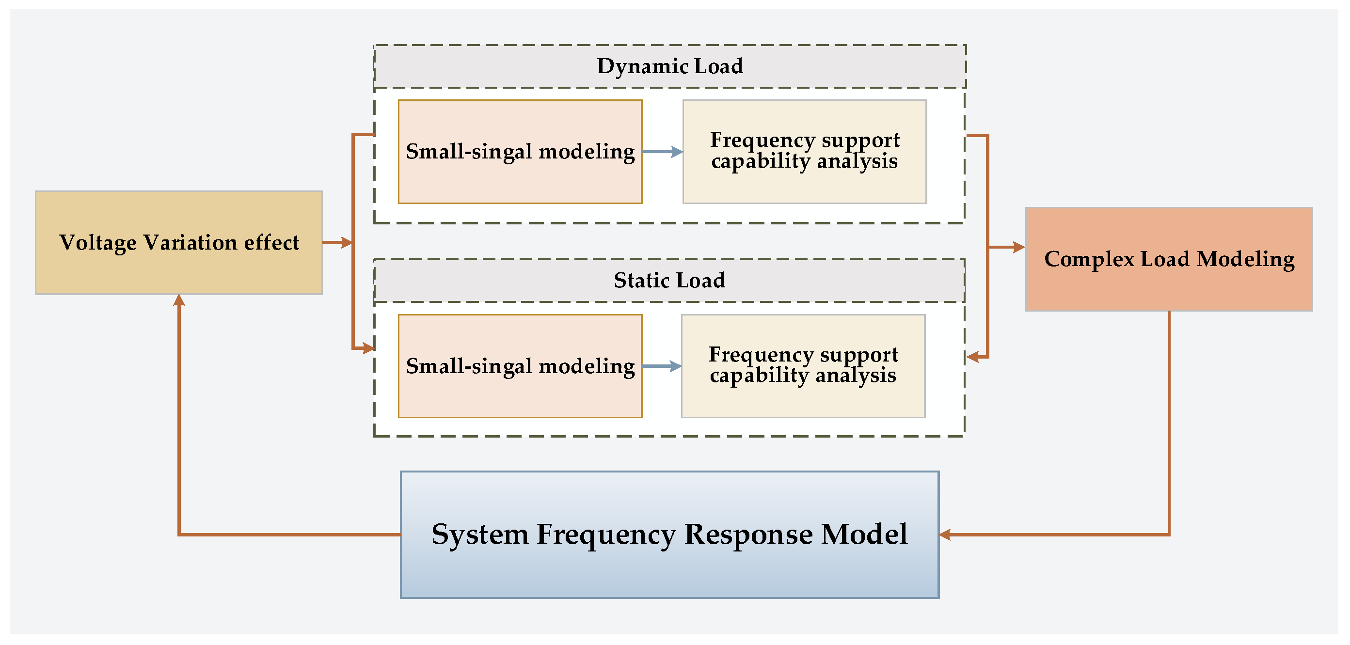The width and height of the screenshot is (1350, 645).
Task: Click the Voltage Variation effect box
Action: click(179, 243)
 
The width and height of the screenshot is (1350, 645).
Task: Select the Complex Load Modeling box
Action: click(1169, 259)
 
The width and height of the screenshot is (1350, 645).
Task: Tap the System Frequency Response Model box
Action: click(670, 535)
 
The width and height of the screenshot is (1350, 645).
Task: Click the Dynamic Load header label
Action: click(670, 66)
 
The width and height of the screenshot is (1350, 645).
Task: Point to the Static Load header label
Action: click(670, 280)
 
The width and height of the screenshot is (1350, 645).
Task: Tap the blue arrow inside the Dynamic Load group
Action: click(663, 152)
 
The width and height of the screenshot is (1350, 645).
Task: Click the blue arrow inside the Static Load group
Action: click(662, 366)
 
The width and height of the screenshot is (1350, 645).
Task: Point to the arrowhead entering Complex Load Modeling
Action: click(1019, 247)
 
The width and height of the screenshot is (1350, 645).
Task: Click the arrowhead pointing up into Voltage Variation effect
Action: click(179, 300)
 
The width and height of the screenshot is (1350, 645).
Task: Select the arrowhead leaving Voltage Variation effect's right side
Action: click(347, 243)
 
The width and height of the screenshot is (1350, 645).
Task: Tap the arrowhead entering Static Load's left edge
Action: click(368, 347)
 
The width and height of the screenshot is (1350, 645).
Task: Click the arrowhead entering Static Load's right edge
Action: click(973, 357)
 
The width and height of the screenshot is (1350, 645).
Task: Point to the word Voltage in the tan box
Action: click(98, 243)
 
